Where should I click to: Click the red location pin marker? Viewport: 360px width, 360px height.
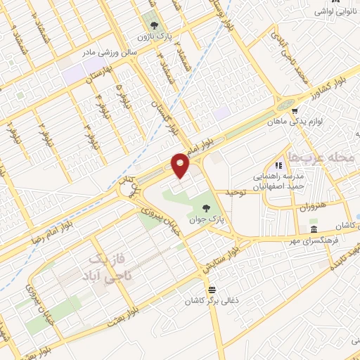(x=181, y=165)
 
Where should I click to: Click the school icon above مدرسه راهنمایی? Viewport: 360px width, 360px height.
(x=289, y=165)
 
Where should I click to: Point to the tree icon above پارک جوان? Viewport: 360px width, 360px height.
(x=206, y=207)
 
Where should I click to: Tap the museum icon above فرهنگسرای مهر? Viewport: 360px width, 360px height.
(x=314, y=230)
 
